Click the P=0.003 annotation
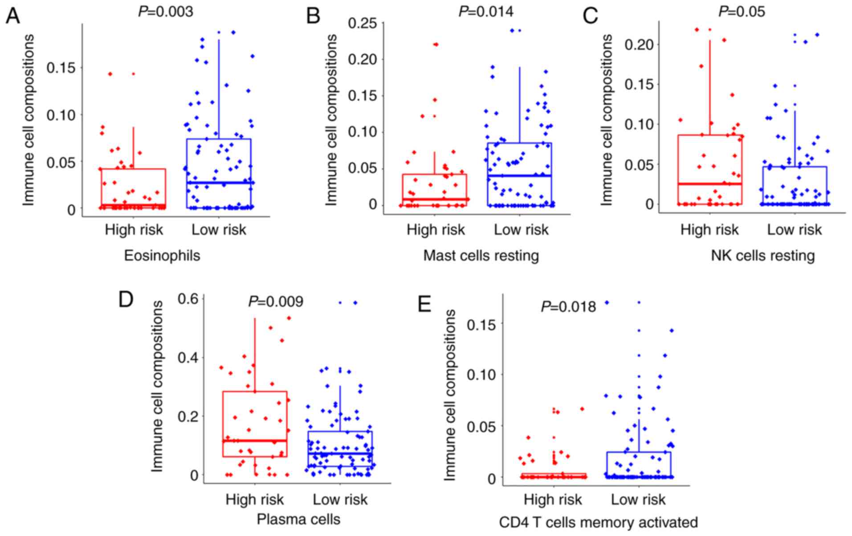(165, 11)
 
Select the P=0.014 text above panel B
(485, 11)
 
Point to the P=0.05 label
(742, 11)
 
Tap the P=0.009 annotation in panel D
(276, 302)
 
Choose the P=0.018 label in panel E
(568, 307)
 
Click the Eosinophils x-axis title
(162, 256)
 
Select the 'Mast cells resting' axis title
(481, 256)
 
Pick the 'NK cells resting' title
(762, 256)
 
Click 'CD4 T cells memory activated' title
(598, 522)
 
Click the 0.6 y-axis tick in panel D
(188, 299)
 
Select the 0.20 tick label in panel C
(640, 45)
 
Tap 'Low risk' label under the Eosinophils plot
(218, 230)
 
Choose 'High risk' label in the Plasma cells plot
(254, 499)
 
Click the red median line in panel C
(709, 184)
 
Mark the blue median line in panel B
(519, 176)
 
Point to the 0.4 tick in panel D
(188, 358)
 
